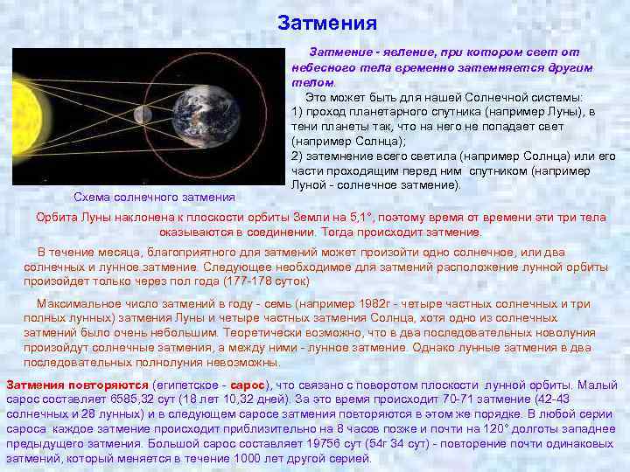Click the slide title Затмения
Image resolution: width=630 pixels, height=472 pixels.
(x=326, y=23)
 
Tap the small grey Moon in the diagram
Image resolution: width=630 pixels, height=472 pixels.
(x=137, y=114)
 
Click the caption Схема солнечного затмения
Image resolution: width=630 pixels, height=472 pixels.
(x=154, y=197)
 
